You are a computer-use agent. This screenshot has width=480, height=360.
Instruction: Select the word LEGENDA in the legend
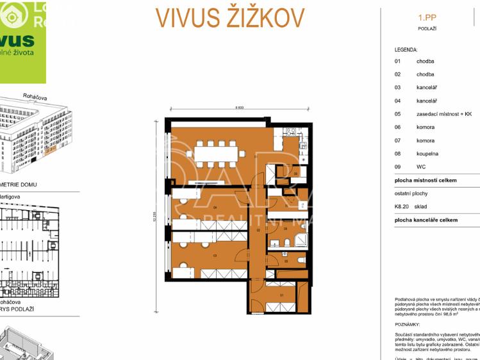(406, 49)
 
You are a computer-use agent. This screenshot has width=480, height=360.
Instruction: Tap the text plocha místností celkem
(426, 181)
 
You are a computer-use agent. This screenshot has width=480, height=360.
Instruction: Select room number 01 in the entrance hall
(283, 294)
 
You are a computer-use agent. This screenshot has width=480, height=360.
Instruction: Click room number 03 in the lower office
(215, 256)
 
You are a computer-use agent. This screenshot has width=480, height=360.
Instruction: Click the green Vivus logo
(22, 42)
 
